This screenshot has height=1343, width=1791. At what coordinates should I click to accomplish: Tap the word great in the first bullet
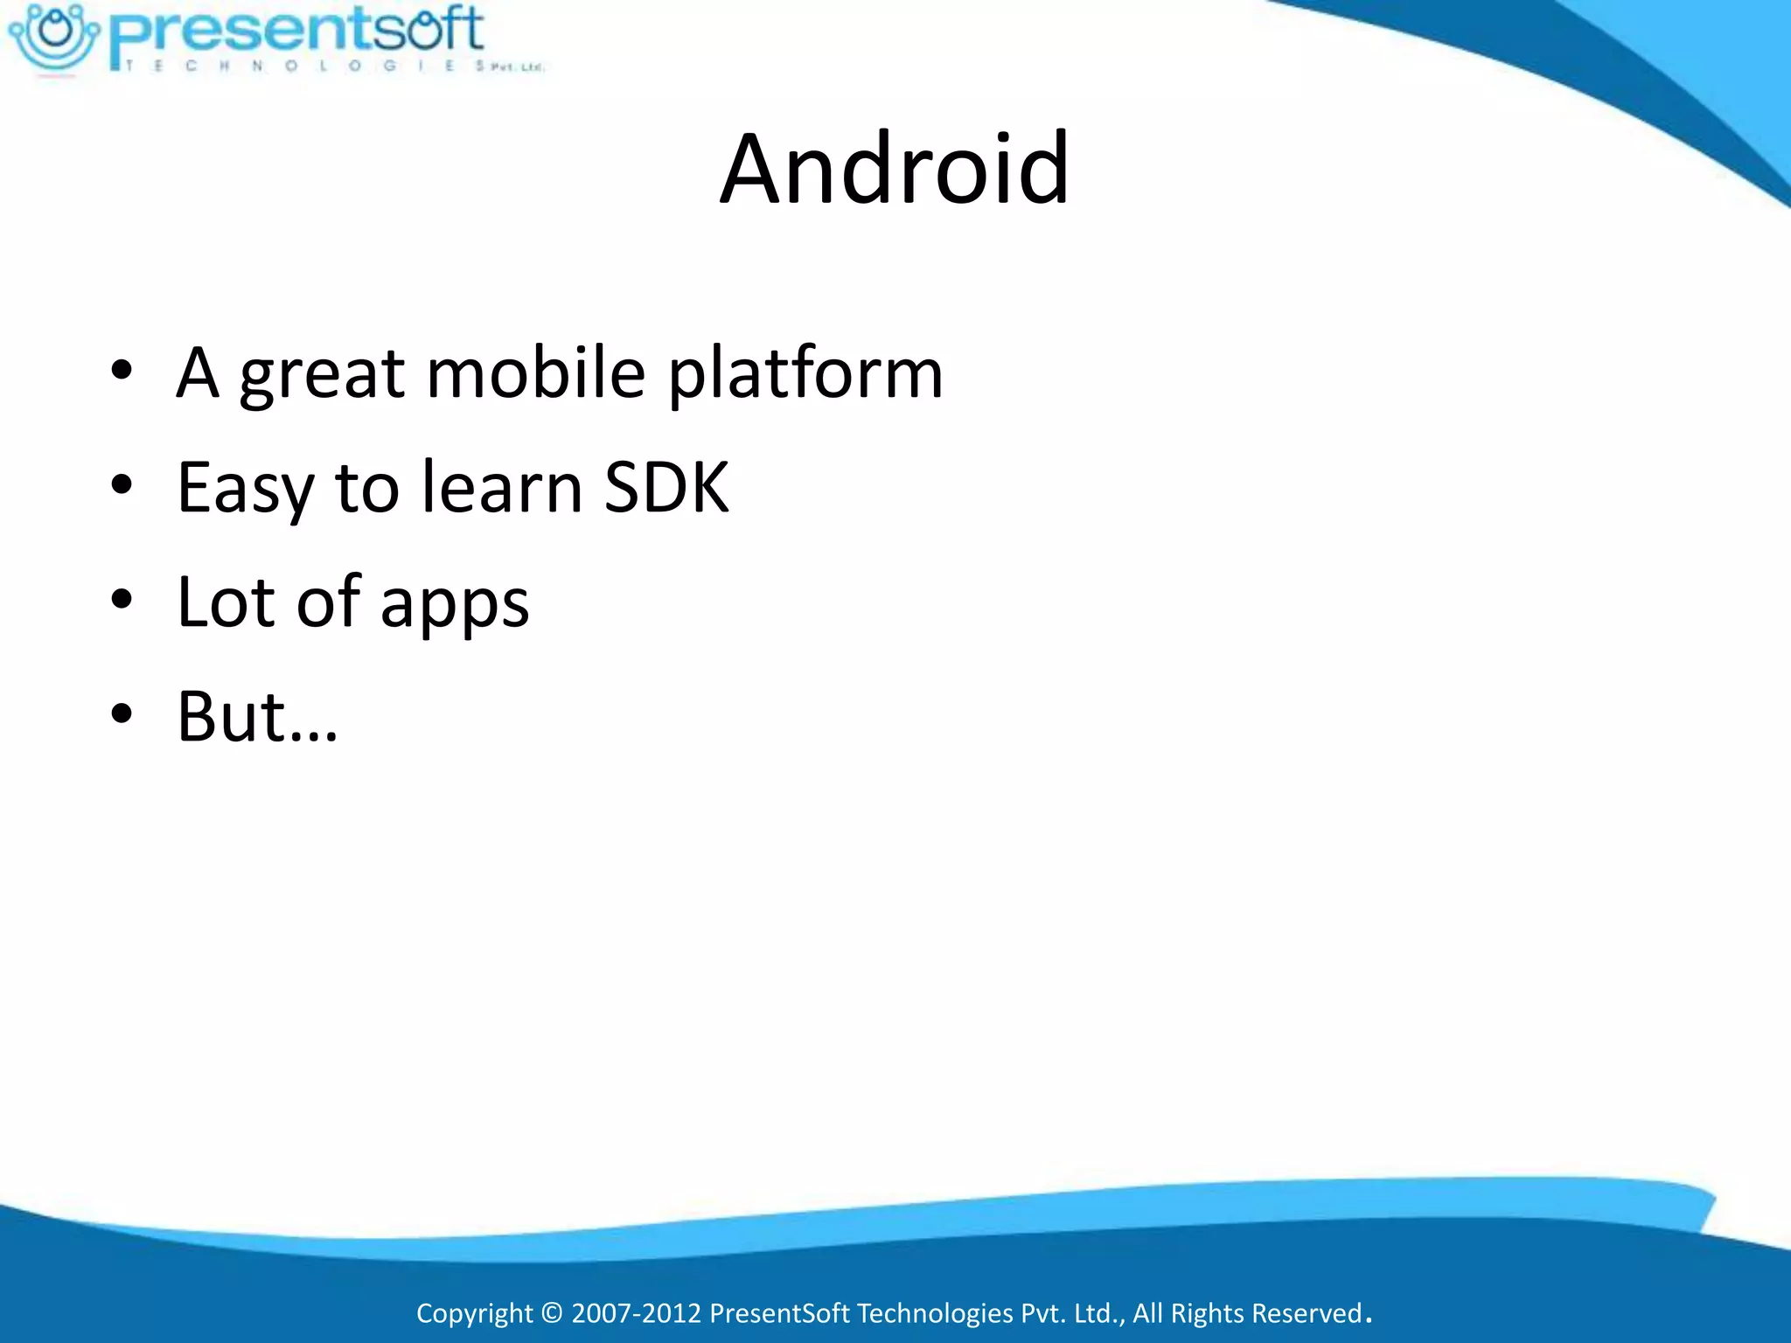click(322, 374)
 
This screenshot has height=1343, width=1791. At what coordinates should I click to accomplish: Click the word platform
click(805, 374)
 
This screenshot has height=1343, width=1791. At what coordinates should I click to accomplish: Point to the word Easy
click(244, 489)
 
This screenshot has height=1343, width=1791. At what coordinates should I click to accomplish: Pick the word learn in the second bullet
click(501, 487)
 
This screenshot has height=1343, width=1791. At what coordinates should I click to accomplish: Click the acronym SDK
click(666, 487)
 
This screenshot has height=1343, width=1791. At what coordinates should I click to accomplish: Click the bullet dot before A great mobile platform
click(122, 371)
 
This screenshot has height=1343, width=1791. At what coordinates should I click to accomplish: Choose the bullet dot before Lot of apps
click(122, 600)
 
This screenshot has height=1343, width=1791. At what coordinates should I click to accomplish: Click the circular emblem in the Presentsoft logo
click(54, 36)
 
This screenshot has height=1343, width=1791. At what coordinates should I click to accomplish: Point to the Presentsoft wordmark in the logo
click(297, 31)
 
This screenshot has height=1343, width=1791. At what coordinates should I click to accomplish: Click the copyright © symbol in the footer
click(552, 1313)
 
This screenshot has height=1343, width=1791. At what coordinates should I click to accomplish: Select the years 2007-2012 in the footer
click(636, 1313)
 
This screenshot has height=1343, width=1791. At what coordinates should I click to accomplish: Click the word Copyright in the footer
click(474, 1313)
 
